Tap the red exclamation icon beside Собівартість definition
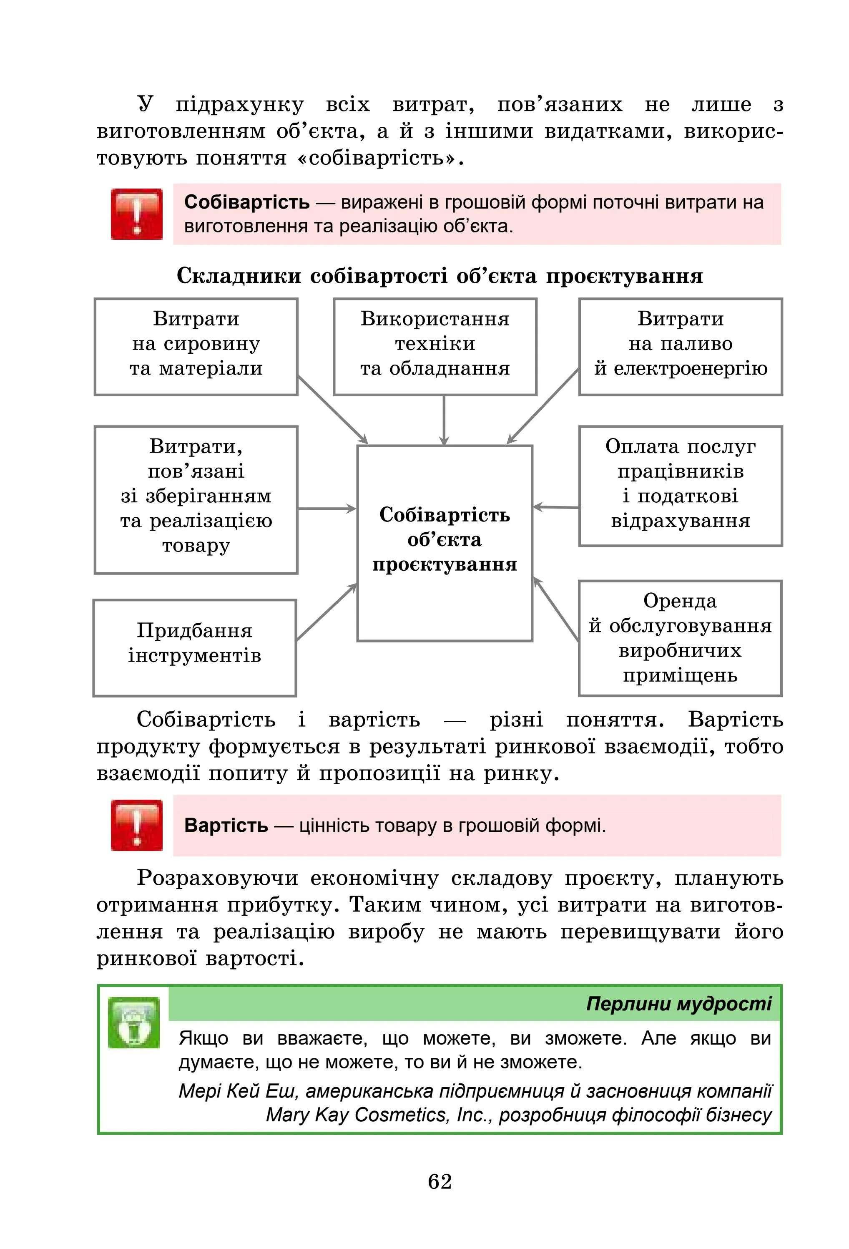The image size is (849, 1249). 136,214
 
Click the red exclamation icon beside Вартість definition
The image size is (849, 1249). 136,825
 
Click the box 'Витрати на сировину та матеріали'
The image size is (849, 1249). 196,347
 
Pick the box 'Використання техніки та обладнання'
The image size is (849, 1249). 435,347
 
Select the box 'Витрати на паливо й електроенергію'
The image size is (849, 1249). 680,347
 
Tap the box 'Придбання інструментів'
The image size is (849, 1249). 194,647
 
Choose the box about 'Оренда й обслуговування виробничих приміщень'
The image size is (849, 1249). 680,637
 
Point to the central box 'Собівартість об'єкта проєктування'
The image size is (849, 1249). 445,542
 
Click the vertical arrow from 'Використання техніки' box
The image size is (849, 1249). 444,420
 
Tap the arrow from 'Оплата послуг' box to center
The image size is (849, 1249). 556,506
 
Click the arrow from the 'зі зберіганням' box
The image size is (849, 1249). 327,508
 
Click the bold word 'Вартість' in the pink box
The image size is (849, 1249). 226,825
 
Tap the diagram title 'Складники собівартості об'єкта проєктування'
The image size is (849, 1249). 439,276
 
